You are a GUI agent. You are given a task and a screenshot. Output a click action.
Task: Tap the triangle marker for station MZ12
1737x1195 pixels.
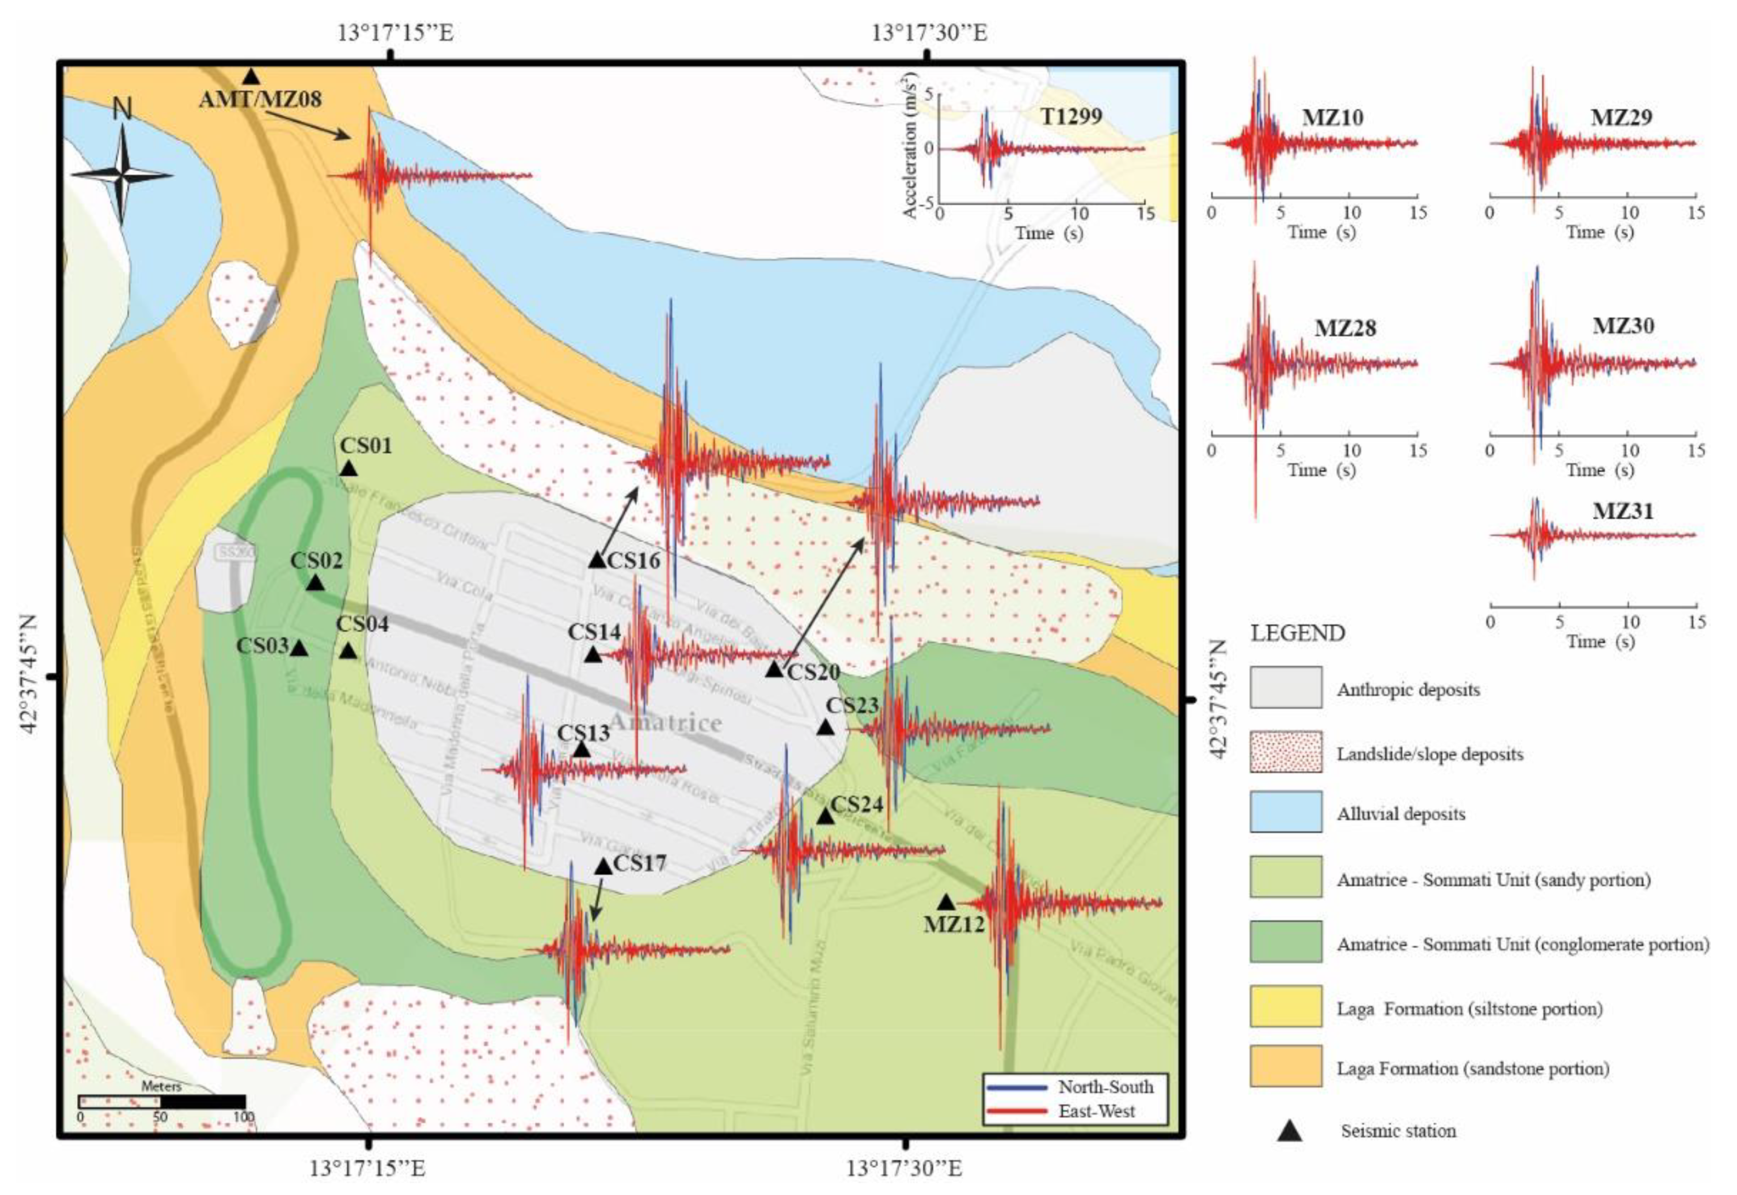pos(946,902)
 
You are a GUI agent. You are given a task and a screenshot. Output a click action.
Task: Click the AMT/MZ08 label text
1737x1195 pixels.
pos(260,99)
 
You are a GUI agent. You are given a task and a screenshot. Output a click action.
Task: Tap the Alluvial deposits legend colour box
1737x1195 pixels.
pos(1285,812)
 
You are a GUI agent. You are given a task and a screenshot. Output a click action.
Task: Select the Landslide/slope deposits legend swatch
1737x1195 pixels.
pos(1285,752)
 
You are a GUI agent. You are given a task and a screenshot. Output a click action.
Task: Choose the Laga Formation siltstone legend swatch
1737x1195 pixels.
pos(1285,1006)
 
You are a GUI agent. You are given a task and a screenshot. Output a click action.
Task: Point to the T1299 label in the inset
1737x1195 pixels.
pos(1071,116)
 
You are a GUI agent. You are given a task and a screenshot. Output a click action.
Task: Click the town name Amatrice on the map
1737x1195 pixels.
pos(665,722)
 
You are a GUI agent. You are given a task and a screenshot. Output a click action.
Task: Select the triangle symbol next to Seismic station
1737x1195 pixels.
pos(1289,1131)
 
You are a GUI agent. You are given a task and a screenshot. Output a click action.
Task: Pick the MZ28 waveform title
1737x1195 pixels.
pos(1345,328)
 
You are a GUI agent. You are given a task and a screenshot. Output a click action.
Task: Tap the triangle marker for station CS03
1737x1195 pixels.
pos(298,648)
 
